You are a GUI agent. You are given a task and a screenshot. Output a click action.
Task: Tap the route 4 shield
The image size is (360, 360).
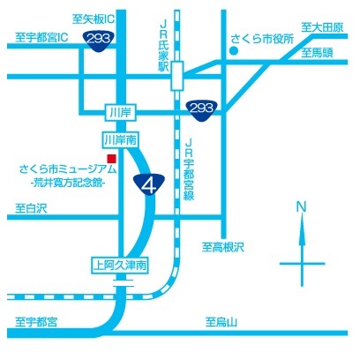tap(150, 184)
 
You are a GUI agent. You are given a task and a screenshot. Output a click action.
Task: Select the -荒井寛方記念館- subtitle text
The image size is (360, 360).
tap(64, 184)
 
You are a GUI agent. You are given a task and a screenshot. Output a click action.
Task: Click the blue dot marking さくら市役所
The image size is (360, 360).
tap(233, 50)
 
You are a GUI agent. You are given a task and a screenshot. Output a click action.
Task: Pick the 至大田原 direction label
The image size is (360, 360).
tap(320, 27)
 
